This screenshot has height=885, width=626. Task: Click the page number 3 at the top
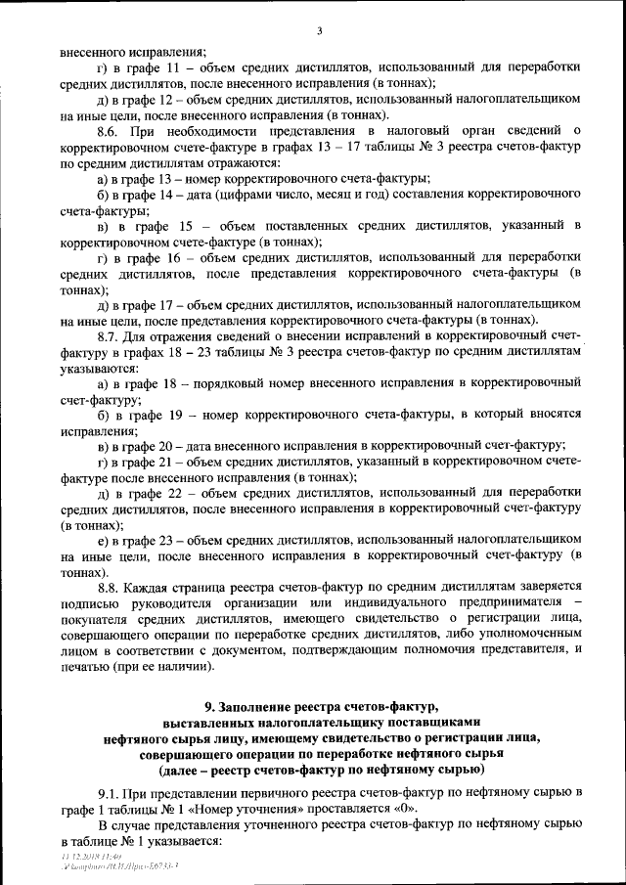click(x=319, y=31)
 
